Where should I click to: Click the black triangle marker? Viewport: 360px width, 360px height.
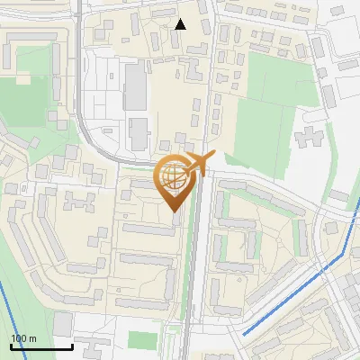tap(181, 24)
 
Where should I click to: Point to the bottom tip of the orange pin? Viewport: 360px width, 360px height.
tap(174, 211)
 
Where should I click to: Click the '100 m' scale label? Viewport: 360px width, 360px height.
tap(22, 338)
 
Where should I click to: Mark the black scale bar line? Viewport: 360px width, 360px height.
tap(40, 346)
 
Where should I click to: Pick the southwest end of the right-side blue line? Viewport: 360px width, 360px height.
tap(244, 335)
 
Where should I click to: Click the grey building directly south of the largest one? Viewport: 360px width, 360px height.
tap(139, 132)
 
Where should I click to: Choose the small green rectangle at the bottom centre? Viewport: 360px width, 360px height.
tap(142, 340)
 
